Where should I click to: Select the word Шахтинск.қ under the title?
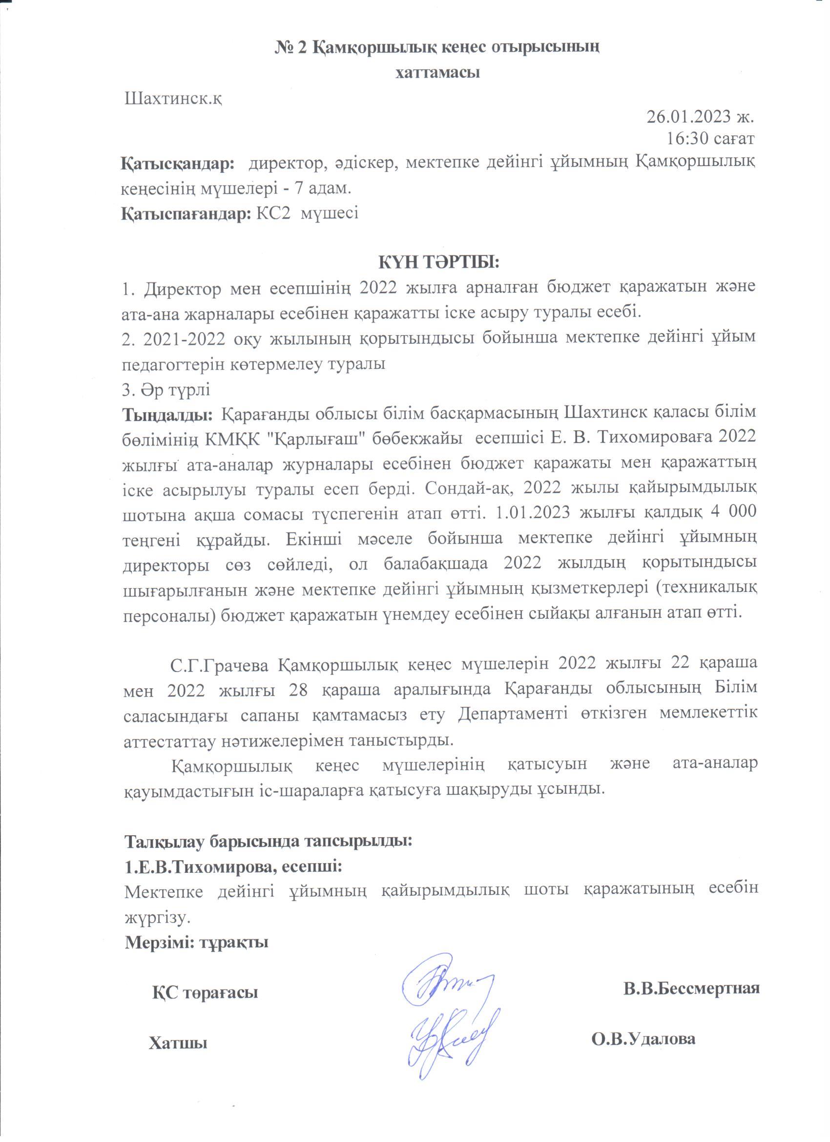point(174,97)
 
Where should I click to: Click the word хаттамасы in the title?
point(437,72)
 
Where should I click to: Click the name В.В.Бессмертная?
point(691,989)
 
